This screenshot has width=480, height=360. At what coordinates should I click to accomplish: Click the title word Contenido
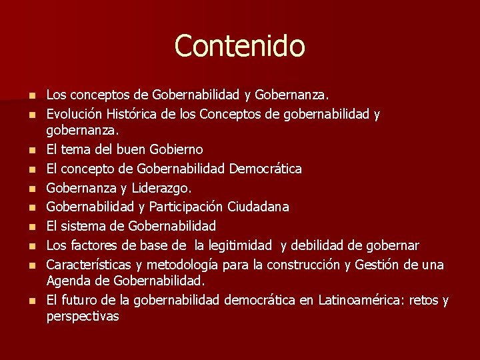239,46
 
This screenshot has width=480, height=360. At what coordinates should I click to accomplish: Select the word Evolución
75,115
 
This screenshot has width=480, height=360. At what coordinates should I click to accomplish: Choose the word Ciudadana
258,207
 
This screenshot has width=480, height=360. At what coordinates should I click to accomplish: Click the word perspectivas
83,316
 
